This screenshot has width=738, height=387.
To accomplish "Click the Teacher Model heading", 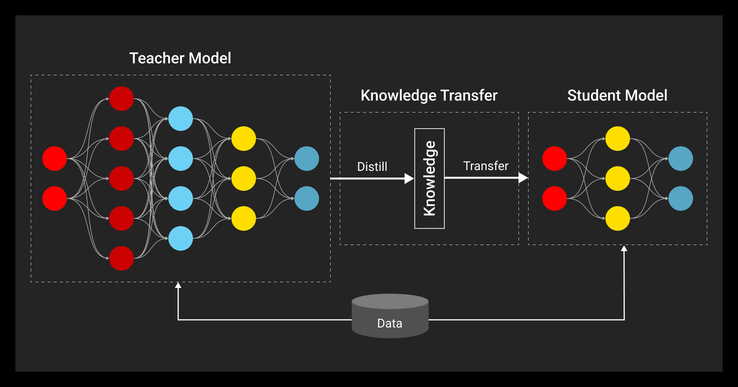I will [x=180, y=58].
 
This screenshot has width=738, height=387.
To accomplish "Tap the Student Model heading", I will [x=617, y=96].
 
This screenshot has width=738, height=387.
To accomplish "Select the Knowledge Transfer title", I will [x=429, y=96].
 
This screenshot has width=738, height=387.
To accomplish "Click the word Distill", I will [x=372, y=167].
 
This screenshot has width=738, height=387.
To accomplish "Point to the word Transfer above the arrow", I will [x=485, y=166].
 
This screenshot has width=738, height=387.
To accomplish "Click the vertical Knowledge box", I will [x=429, y=179].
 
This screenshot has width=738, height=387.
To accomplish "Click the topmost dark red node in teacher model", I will [x=121, y=99].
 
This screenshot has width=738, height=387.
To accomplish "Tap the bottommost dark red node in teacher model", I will [x=121, y=258].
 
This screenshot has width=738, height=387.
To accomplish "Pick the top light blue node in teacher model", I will [x=181, y=119].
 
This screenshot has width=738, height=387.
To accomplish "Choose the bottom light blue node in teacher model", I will [x=181, y=238].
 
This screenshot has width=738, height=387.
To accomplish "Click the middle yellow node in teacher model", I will [x=244, y=179].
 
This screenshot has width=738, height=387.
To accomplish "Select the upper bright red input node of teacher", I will [x=55, y=159].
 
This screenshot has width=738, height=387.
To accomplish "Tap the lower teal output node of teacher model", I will [x=307, y=198].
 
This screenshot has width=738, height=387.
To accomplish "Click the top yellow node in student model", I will [x=617, y=139].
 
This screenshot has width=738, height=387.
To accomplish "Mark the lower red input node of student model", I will [x=554, y=198].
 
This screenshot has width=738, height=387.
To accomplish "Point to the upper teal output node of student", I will [x=680, y=159].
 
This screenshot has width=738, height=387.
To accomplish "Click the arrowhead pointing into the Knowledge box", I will [x=409, y=179].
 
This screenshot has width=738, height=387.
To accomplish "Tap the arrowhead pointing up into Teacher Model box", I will [x=178, y=285].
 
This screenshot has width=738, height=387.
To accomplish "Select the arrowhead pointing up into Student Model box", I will [x=624, y=249].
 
